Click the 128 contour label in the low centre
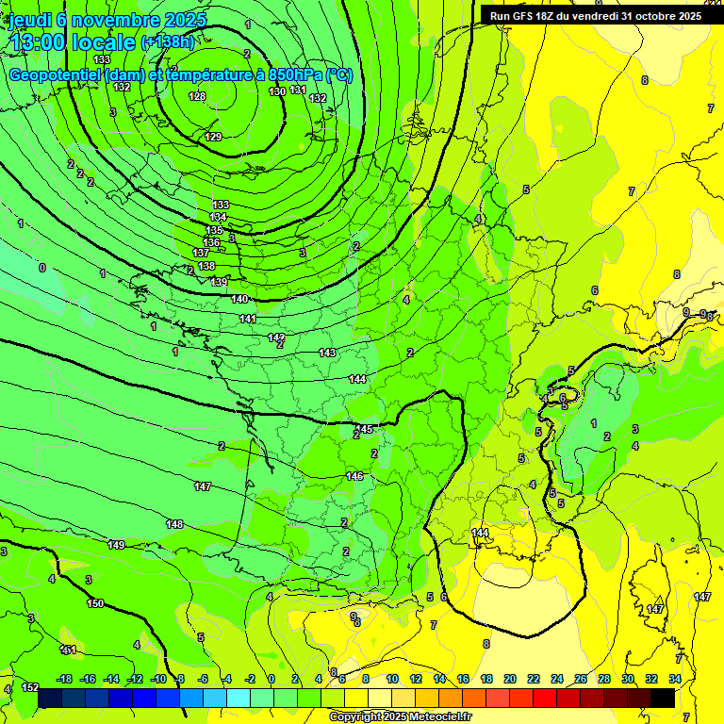point(197,96)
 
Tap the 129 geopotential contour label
point(213,137)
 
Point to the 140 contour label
point(239,299)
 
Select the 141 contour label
point(248,319)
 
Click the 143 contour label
point(327,353)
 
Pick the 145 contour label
point(365,429)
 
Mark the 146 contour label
point(354,476)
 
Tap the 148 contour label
point(175,524)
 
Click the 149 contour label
point(116,545)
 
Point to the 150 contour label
point(95,603)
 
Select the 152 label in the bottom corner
point(29,687)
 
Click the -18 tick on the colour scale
point(64,679)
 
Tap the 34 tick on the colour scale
point(675,679)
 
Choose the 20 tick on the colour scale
point(509,679)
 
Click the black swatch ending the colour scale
point(663,698)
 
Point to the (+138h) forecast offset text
point(167,41)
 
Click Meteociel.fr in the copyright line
point(435,717)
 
